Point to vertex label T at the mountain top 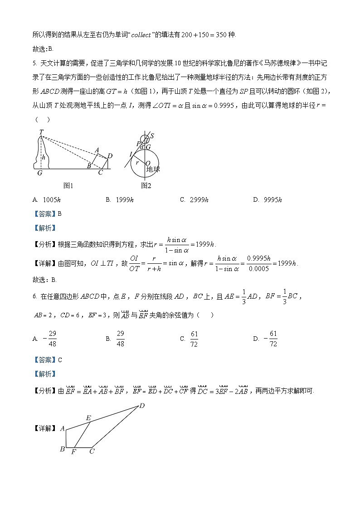[x=41, y=132]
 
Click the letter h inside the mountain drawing [x=44, y=157]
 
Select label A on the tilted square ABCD [x=96, y=150]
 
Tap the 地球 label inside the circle [x=153, y=169]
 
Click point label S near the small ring [x=152, y=136]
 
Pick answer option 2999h [x=198, y=200]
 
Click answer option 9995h [x=272, y=200]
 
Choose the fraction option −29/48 [x=49, y=339]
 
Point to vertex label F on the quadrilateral [x=73, y=452]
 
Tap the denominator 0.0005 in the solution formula [x=261, y=269]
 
